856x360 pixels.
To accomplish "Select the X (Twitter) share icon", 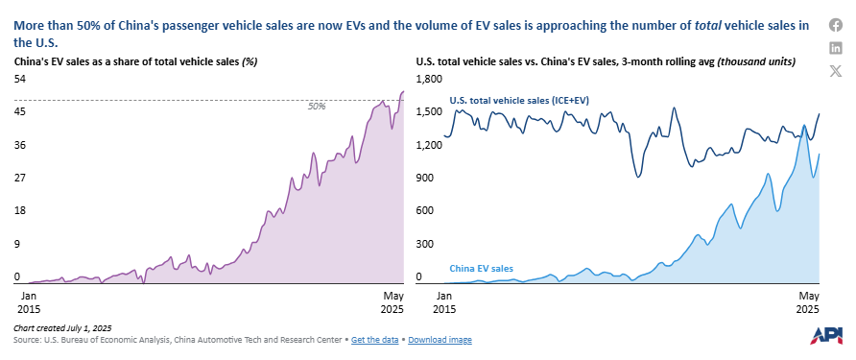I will point(835,69).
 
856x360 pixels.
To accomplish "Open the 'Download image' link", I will point(440,340).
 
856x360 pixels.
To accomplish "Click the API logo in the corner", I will point(827,336).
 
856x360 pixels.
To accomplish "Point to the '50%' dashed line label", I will point(316,107).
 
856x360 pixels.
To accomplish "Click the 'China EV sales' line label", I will point(482,269).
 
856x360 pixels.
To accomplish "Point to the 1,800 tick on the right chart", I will point(429,79).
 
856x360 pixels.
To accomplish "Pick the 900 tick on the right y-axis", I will point(425,178).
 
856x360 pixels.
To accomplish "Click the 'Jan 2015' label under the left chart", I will point(29,302).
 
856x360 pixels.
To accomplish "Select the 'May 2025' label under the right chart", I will point(809,302).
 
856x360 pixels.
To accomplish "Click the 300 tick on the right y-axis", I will point(425,244).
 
